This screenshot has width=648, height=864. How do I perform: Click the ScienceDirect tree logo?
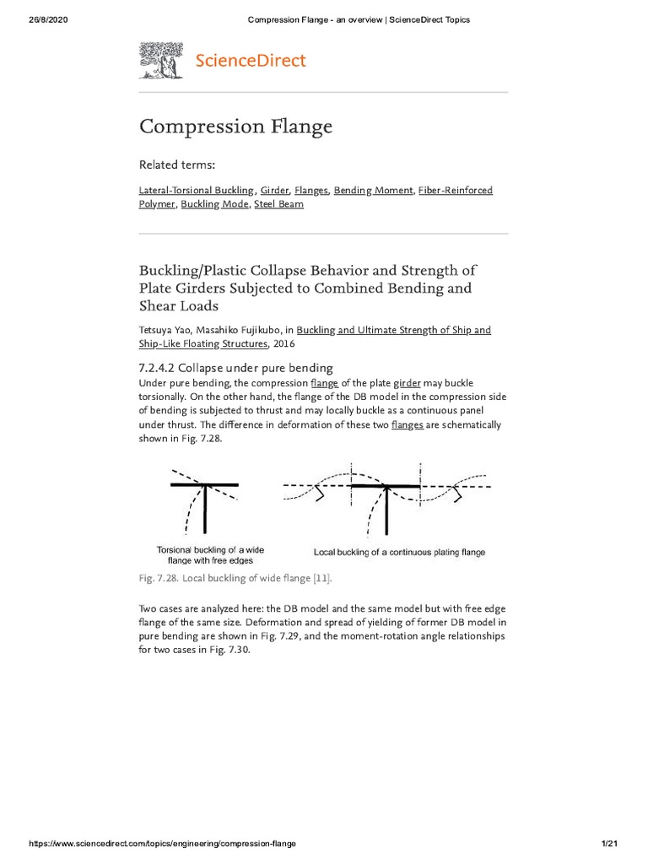(x=160, y=61)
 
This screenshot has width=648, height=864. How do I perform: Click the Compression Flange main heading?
(x=235, y=127)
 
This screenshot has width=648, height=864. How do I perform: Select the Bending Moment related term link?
(x=373, y=191)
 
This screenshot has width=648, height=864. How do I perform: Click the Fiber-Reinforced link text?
(x=456, y=191)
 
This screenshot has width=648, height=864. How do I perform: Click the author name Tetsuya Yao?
(x=166, y=330)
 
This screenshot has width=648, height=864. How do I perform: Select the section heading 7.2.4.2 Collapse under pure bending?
(x=236, y=368)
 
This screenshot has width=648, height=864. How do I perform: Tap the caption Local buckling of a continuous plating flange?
(x=399, y=553)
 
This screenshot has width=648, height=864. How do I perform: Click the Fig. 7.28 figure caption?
(x=235, y=578)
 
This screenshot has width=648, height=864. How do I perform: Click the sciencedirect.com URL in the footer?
(x=163, y=844)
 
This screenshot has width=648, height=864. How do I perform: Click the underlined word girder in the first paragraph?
(x=407, y=383)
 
